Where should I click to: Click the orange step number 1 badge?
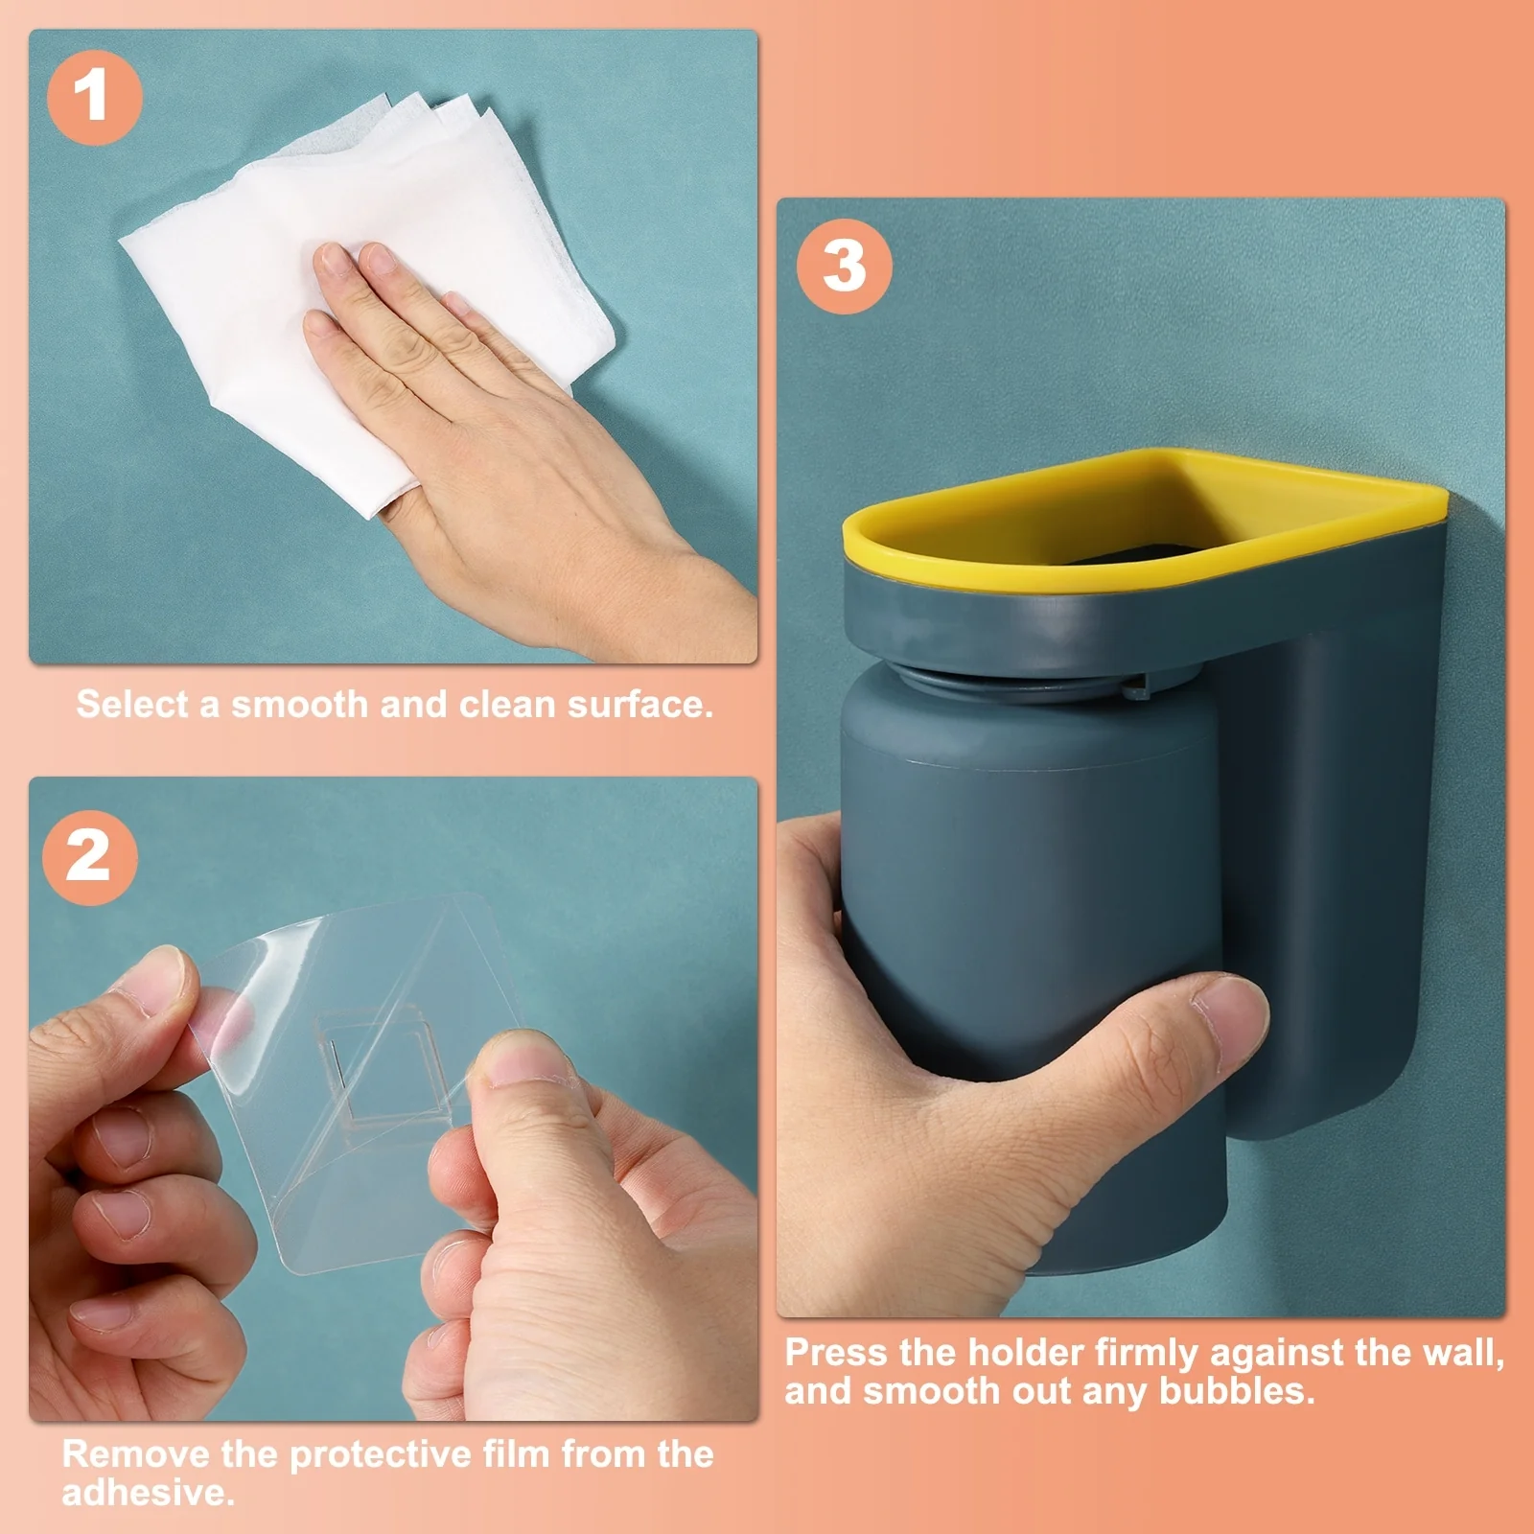(94, 98)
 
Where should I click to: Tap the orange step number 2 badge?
(89, 857)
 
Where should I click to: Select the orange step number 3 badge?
(844, 266)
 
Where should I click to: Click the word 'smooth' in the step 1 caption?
(299, 705)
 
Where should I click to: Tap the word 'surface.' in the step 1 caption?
(640, 705)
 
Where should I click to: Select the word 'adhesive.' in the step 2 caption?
(149, 1493)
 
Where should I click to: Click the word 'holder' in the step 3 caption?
(1027, 1353)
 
